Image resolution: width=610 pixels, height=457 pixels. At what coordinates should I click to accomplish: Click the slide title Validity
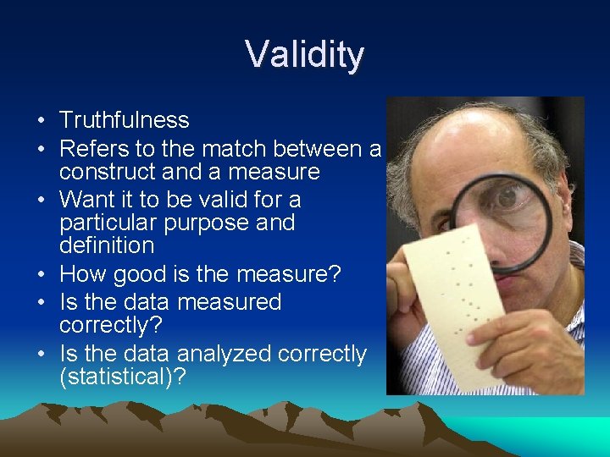(305, 55)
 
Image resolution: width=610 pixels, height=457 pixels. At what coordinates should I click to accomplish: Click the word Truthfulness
(125, 121)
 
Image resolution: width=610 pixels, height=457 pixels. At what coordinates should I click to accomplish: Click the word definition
(107, 246)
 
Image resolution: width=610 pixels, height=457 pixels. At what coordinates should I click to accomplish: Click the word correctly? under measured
(110, 325)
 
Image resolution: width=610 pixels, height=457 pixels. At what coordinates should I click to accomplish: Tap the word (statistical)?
(122, 377)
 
